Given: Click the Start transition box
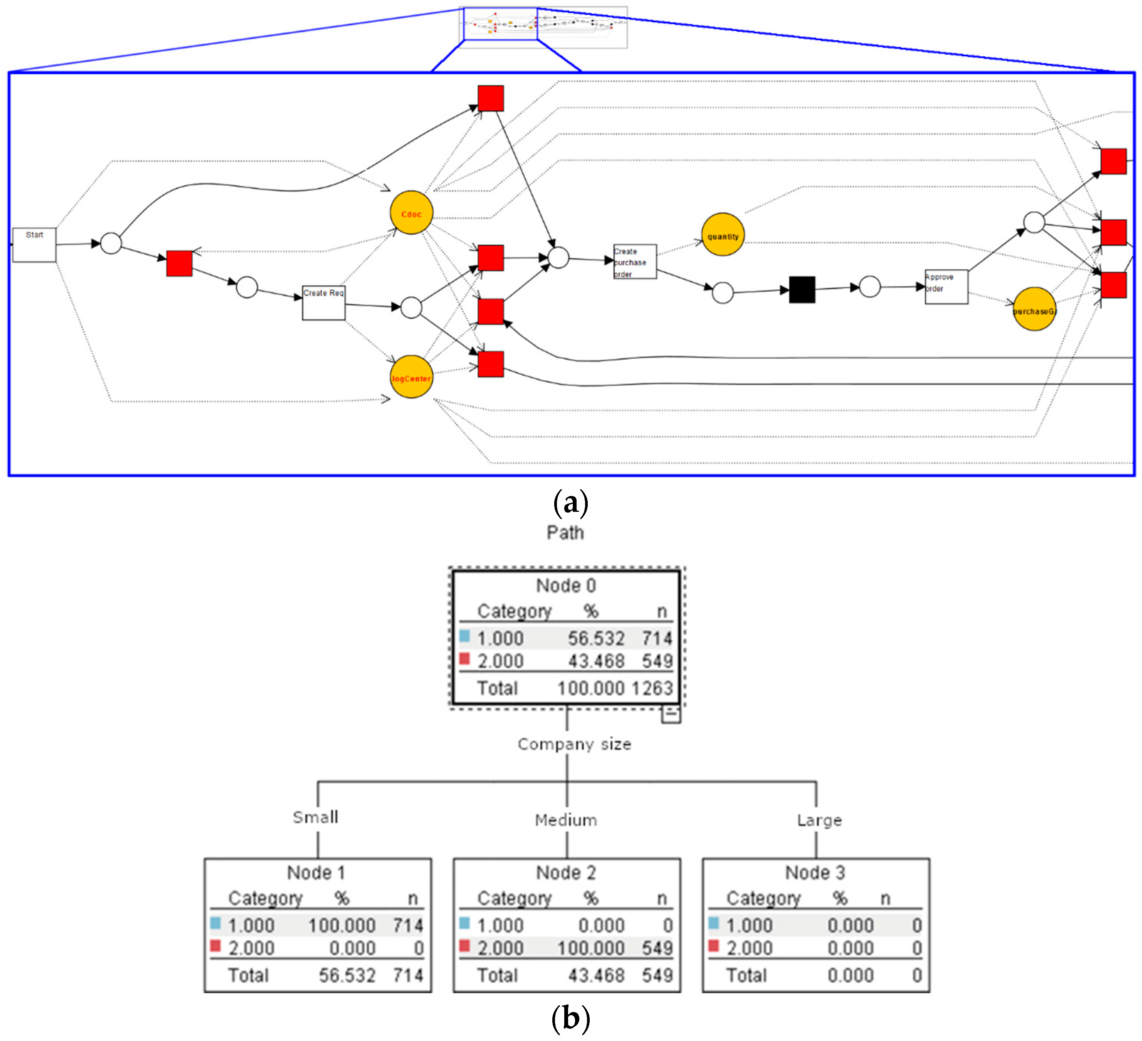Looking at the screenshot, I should click(x=34, y=245).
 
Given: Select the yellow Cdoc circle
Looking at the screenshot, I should click(x=411, y=213).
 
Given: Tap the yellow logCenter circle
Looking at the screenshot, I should click(x=411, y=377).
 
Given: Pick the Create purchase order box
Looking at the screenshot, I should click(x=635, y=262).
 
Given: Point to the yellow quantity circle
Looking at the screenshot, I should click(x=723, y=235).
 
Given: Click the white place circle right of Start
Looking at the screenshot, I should click(x=111, y=243).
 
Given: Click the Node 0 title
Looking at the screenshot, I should click(x=566, y=585).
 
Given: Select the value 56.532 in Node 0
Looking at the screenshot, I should click(x=596, y=639).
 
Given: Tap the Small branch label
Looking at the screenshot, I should click(x=315, y=817).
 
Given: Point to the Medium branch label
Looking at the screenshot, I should click(x=566, y=820).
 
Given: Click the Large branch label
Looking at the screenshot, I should click(x=819, y=820).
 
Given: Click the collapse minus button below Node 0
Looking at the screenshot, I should click(x=671, y=715).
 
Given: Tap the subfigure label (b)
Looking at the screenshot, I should click(x=570, y=1018).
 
